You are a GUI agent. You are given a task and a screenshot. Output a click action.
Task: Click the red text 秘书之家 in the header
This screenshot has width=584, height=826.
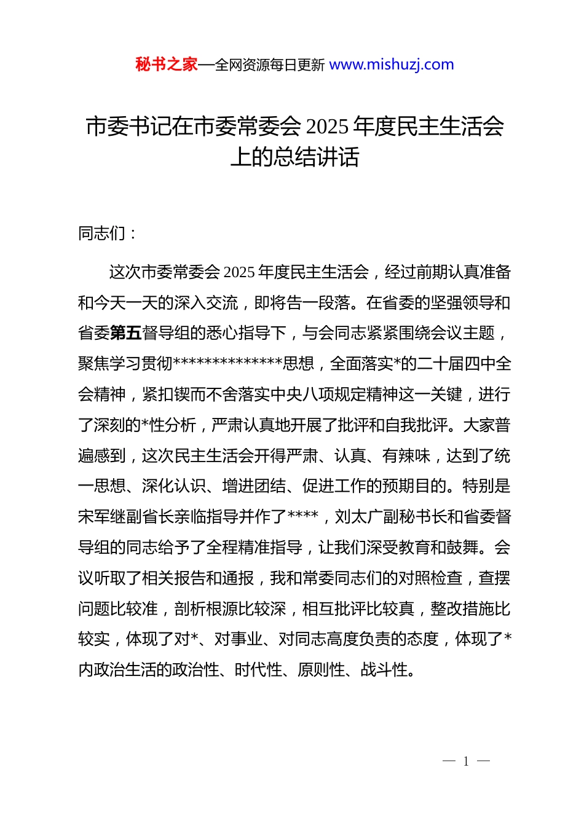167,65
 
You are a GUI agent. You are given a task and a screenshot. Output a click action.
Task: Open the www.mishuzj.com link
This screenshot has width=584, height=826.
392,65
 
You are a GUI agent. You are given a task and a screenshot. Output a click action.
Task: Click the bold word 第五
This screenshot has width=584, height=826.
126,333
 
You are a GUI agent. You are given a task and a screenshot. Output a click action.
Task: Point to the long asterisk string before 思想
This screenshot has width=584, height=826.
228,363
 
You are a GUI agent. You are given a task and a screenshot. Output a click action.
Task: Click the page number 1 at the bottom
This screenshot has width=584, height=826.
466,761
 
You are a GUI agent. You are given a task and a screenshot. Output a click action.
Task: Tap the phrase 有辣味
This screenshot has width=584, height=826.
406,456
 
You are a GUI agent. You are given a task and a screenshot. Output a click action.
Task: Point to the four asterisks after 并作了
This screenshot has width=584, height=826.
303,516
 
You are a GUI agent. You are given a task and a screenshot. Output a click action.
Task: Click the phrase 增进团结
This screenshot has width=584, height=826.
254,487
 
